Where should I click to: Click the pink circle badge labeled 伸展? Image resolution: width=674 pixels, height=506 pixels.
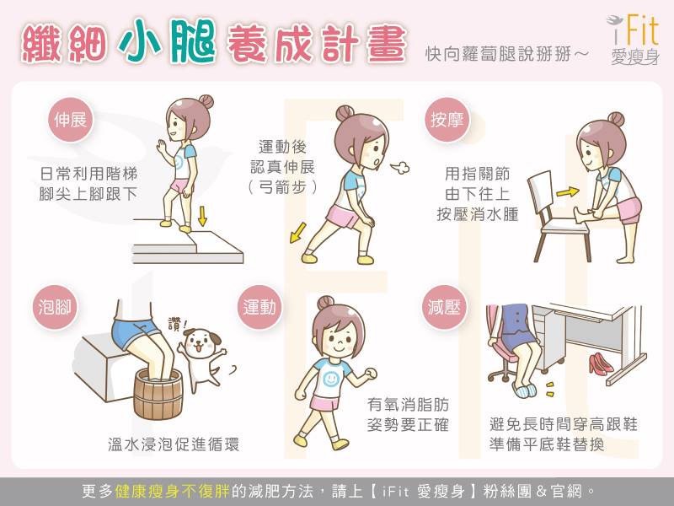(x=70, y=120)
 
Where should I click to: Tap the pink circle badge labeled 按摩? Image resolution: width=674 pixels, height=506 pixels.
(x=447, y=120)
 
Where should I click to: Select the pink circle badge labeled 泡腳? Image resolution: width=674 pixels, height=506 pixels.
(x=55, y=307)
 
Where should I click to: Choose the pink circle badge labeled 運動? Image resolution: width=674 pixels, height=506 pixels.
(x=259, y=307)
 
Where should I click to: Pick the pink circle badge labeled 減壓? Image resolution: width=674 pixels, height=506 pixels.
(x=444, y=307)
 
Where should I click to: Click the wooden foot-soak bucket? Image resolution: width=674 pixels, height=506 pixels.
(x=158, y=395)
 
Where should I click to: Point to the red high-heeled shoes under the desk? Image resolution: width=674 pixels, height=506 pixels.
(x=601, y=363)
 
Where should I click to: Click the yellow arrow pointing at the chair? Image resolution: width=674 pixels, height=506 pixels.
(x=567, y=192)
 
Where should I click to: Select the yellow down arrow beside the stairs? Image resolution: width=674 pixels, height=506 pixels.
(x=202, y=216)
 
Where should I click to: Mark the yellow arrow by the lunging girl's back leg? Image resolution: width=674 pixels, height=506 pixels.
(x=298, y=233)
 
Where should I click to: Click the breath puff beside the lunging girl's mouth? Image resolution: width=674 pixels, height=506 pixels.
(x=400, y=167)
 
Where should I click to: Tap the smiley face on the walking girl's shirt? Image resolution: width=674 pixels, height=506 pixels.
(x=330, y=379)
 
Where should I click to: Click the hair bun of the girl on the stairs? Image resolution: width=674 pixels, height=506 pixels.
(x=206, y=101)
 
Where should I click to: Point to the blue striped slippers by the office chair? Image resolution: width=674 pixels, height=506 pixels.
(x=525, y=390)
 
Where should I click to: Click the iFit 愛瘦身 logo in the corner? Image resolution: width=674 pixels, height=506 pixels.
(x=634, y=40)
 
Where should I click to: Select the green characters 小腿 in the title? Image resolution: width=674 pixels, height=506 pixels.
(x=167, y=41)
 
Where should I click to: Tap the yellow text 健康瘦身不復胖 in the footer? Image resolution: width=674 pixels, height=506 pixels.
(x=173, y=491)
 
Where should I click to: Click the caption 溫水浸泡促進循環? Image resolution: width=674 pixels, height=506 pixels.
(x=174, y=444)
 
